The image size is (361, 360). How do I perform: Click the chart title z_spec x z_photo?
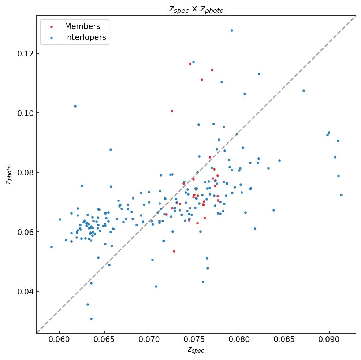pos(196,10)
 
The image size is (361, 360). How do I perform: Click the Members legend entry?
pos(82,26)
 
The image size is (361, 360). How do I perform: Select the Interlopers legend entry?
pos(85,37)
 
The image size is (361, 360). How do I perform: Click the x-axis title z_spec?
pos(196,350)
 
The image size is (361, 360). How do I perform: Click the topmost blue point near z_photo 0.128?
pos(232,30)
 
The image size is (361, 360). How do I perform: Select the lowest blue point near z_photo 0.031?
pos(91,319)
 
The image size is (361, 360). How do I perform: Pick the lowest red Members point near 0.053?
pos(174,251)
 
